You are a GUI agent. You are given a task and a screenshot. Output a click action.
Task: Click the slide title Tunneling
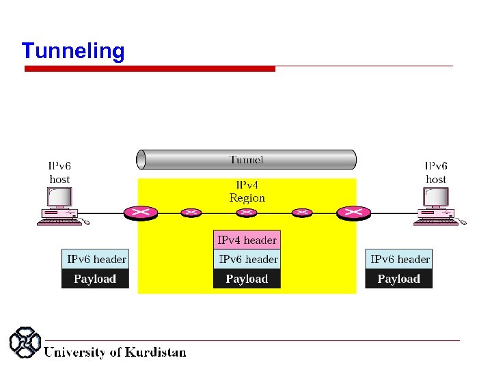click(x=73, y=51)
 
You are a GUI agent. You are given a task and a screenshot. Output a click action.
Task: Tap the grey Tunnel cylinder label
click(x=246, y=160)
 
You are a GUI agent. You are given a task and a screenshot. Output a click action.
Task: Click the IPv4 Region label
click(x=247, y=191)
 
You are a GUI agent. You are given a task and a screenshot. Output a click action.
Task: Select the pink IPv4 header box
click(x=247, y=240)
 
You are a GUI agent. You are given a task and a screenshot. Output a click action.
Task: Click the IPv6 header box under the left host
click(x=96, y=259)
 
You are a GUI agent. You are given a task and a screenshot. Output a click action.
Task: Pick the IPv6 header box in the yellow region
click(x=247, y=259)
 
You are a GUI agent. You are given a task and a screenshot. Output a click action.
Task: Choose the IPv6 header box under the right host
click(x=399, y=259)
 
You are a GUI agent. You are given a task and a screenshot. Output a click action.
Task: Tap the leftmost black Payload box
click(x=96, y=279)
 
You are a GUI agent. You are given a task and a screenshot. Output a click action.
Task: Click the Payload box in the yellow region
click(x=247, y=279)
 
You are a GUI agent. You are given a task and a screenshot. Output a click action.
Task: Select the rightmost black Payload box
click(x=399, y=279)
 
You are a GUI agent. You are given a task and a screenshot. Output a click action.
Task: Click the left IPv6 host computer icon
click(x=60, y=205)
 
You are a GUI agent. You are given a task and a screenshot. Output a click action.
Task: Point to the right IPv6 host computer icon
click(x=435, y=205)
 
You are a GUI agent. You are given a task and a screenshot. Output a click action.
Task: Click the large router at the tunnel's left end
click(x=141, y=213)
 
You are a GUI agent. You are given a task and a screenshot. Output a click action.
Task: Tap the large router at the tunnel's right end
click(x=353, y=213)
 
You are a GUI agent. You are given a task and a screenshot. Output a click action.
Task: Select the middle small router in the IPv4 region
click(x=247, y=213)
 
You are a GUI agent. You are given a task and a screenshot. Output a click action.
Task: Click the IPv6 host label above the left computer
click(x=59, y=172)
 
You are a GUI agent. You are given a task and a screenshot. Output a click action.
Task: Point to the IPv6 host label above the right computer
click(x=436, y=172)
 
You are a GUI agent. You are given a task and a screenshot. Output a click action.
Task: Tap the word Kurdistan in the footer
click(x=155, y=353)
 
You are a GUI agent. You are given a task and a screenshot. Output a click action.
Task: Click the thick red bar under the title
click(x=150, y=68)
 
